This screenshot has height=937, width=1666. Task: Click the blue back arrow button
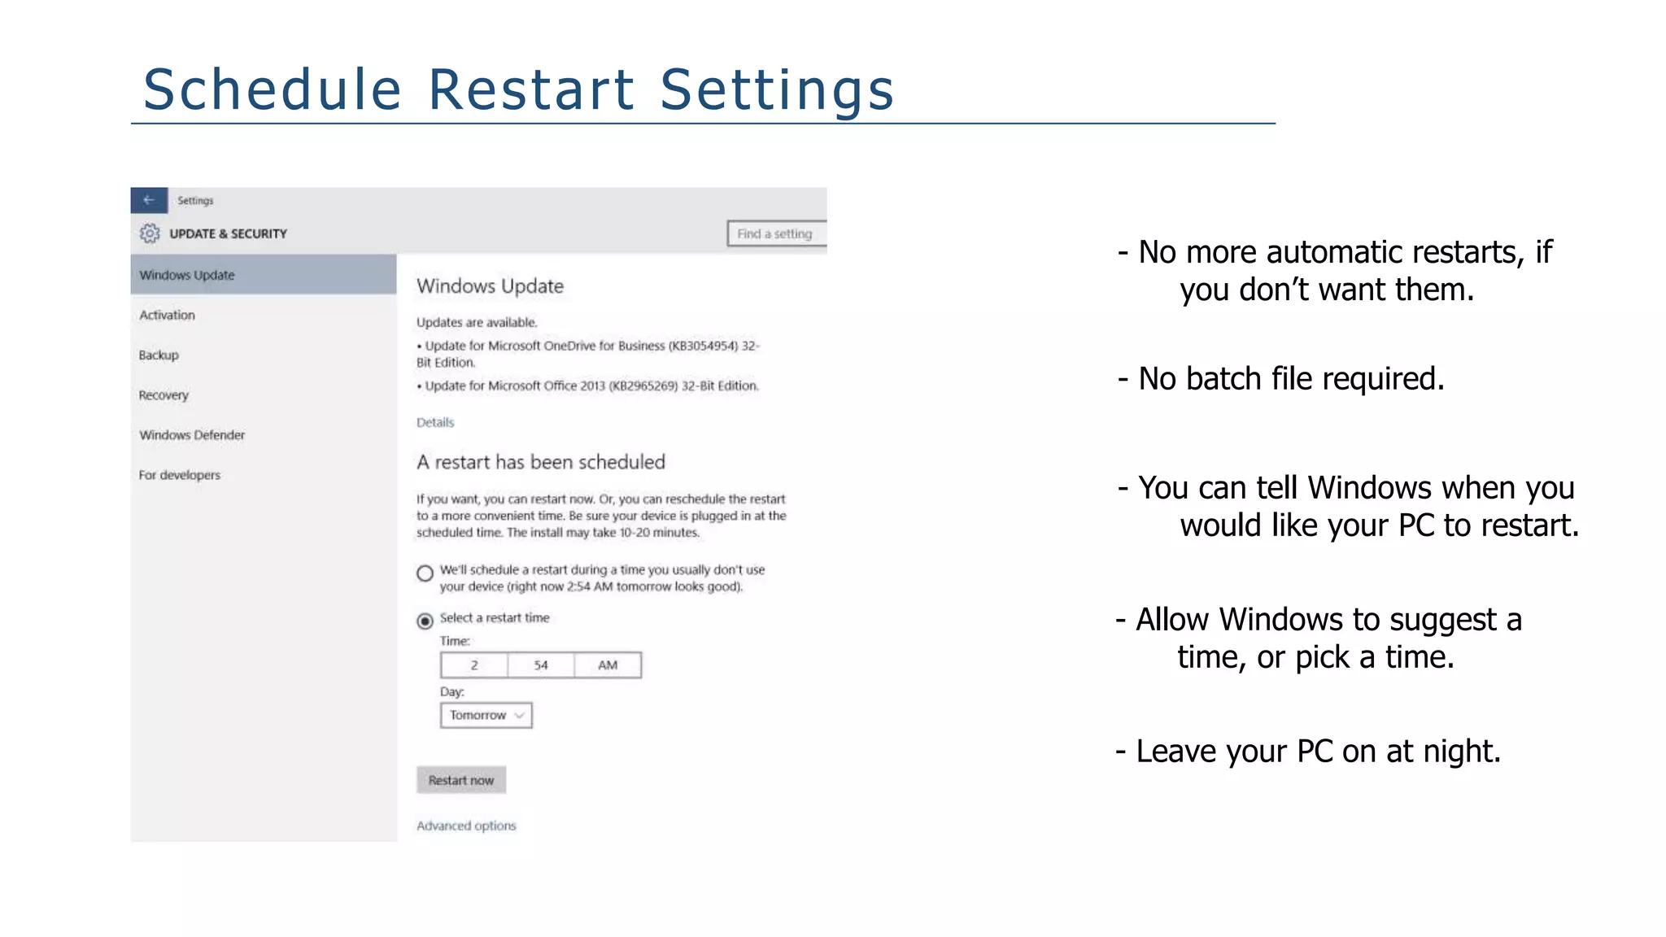[x=149, y=200]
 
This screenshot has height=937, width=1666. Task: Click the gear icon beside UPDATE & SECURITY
[x=150, y=233]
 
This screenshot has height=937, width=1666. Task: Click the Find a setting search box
[x=776, y=233]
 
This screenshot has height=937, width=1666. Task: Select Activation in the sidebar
[x=167, y=315]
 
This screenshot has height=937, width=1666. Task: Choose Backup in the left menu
[x=159, y=355]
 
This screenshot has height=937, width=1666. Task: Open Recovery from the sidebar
[x=164, y=395]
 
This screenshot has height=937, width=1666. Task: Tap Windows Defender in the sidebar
[x=192, y=435]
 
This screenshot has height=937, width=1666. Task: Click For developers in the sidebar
[x=179, y=475]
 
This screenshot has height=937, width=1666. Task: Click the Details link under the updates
[x=435, y=422]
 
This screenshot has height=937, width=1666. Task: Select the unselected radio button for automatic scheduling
[x=425, y=573]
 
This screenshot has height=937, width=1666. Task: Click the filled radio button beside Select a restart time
[x=425, y=621]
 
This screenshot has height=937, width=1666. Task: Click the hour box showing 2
[x=474, y=665]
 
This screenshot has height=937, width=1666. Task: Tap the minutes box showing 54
[x=541, y=665]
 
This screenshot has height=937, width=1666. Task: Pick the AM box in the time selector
[x=608, y=665]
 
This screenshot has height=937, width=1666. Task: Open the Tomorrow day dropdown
[x=486, y=715]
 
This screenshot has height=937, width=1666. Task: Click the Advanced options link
[x=466, y=826]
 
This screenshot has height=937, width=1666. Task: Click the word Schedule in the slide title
[x=273, y=89]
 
